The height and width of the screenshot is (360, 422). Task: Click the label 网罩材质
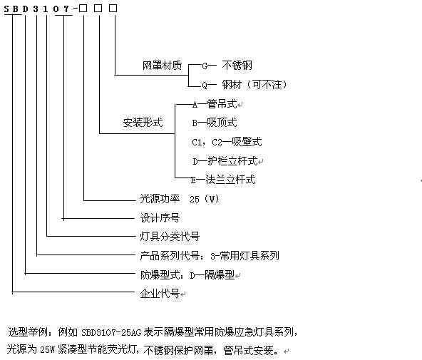(162, 66)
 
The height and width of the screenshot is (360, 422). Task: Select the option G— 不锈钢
(227, 66)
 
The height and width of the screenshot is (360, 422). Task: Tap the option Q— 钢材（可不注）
(245, 85)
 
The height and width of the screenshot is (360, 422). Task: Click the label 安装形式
(143, 123)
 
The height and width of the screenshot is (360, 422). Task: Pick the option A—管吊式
(215, 104)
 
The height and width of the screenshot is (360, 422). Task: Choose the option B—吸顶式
(215, 123)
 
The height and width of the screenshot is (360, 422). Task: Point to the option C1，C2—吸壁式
(227, 142)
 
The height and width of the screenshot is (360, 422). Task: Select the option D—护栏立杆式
(225, 161)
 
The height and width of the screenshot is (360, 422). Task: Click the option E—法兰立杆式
(223, 180)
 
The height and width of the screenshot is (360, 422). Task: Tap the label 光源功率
(160, 199)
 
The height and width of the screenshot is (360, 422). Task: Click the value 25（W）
(205, 199)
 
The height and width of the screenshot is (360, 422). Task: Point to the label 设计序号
(160, 218)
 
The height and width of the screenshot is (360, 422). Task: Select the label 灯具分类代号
(170, 237)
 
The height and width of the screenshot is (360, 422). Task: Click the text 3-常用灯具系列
(245, 256)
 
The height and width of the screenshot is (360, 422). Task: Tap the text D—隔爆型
(212, 275)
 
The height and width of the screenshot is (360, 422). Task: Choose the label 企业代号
(160, 293)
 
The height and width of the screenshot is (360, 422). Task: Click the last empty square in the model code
(113, 9)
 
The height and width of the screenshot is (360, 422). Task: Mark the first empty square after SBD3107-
(83, 9)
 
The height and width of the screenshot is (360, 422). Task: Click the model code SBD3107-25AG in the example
(111, 333)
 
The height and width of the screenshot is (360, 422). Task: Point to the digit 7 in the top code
(66, 9)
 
